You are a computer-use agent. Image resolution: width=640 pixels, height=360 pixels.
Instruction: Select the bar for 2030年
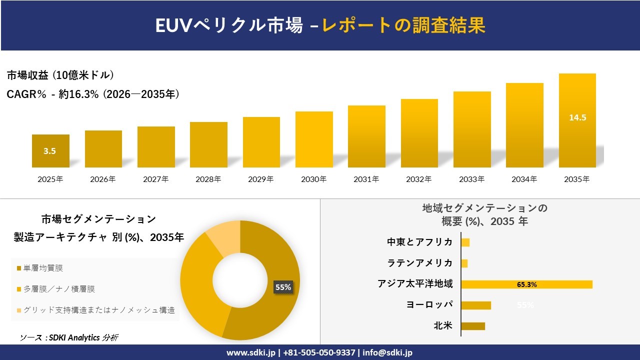click(314, 139)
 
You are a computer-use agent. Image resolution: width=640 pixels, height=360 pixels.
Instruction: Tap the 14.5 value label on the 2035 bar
click(577, 118)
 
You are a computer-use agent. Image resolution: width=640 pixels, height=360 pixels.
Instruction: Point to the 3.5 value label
click(49, 151)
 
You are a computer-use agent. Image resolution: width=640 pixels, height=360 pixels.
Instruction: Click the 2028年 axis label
click(208, 179)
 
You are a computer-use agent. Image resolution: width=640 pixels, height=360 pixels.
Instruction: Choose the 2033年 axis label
click(472, 179)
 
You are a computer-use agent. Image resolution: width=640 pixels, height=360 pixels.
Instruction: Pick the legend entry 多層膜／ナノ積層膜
click(56, 289)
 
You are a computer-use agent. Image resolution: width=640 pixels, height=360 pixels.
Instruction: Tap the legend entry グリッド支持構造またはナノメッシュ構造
click(96, 310)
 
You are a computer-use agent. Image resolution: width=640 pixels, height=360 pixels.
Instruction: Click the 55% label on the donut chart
click(283, 287)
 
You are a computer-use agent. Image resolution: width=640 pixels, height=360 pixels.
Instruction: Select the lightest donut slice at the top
click(223, 237)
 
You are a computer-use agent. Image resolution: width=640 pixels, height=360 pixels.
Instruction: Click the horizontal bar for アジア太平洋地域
click(526, 284)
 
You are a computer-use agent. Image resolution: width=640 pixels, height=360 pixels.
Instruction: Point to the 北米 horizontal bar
click(473, 326)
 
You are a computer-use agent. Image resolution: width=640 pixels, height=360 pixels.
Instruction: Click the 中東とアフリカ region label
click(419, 242)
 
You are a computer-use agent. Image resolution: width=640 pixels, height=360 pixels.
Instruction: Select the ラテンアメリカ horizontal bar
click(464, 263)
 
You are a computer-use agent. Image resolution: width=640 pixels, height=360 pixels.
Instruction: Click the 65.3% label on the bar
click(527, 284)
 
